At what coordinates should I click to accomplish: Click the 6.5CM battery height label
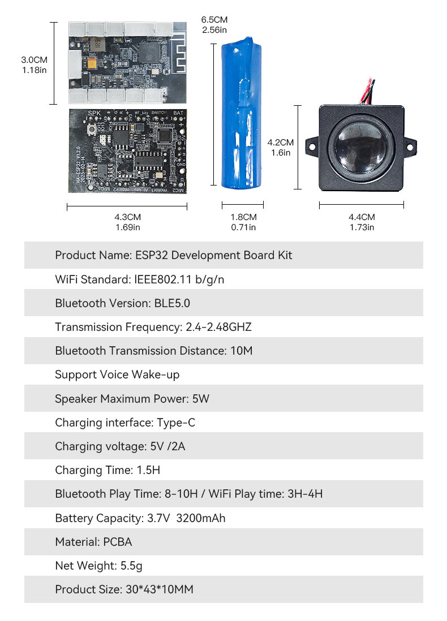pos(214,24)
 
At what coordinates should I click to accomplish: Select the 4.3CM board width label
pos(127,222)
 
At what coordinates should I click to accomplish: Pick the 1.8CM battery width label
pos(243,222)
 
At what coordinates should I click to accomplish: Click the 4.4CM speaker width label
pos(362,222)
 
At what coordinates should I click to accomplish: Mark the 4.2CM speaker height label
pos(281,147)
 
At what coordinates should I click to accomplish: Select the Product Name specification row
pos(174,255)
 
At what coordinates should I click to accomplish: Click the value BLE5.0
pos(172,303)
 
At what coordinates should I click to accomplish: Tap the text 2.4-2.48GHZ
pos(218,327)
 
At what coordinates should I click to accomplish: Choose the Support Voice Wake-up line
pos(117,374)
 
